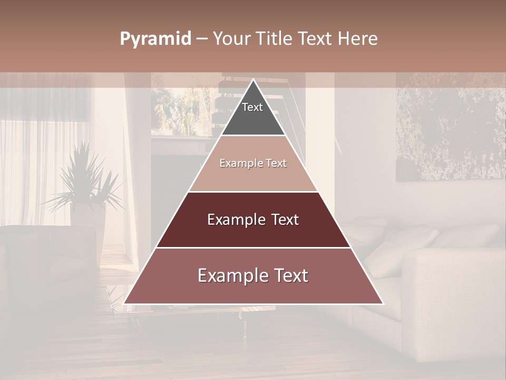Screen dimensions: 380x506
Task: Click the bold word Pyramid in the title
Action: [155, 39]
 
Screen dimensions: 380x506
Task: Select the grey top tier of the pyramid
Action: [253, 119]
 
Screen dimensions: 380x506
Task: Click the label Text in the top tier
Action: [252, 107]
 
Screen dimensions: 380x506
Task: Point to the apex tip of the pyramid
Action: [254, 80]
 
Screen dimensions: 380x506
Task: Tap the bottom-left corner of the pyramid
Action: [125, 303]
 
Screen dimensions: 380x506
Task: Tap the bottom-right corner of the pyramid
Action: [382, 303]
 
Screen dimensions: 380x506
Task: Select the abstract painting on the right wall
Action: [451, 127]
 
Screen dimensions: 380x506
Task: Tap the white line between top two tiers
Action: [253, 136]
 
